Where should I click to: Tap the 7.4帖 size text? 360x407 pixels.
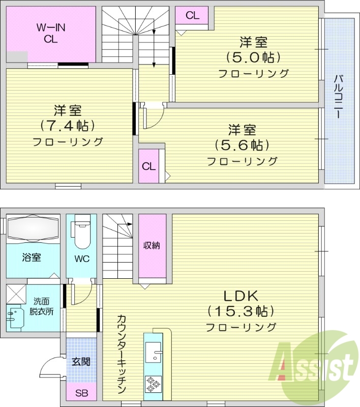pos(68,126)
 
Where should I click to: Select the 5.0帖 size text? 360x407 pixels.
pos(254,57)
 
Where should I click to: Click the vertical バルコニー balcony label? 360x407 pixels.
pos(339,97)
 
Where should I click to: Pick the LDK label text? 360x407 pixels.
pos(241,296)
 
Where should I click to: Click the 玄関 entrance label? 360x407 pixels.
pos(81,362)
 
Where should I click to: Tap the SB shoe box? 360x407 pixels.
pos(81,393)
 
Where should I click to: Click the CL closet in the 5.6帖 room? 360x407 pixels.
pos(149,166)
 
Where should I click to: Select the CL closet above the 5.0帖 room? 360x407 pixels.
pos(192,16)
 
